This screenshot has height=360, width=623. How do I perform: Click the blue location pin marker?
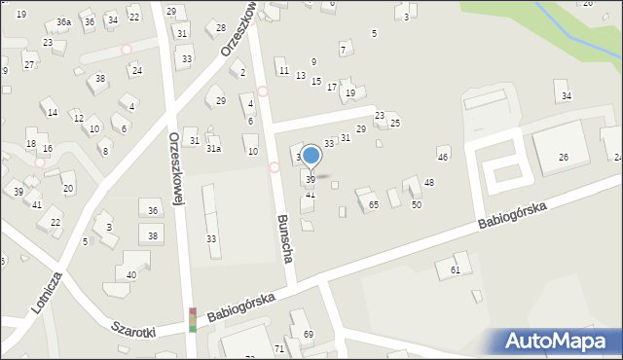point(311,156)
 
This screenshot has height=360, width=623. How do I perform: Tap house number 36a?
point(63,21)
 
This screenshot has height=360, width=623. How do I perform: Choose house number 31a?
point(213,148)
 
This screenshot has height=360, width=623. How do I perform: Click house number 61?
point(455,269)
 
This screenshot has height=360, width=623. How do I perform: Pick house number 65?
point(373,204)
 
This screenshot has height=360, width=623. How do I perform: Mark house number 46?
point(443,157)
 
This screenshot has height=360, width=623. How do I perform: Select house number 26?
point(563,158)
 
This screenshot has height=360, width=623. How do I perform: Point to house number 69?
point(309,334)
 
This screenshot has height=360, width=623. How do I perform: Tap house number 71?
point(279,347)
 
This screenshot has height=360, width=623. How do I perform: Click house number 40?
point(131,275)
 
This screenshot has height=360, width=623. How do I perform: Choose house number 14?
point(53,113)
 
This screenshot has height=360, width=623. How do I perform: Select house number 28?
point(221,27)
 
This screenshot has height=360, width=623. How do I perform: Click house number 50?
point(416,204)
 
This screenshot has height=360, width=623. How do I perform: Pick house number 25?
point(395,124)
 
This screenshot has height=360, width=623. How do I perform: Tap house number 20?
point(67,188)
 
